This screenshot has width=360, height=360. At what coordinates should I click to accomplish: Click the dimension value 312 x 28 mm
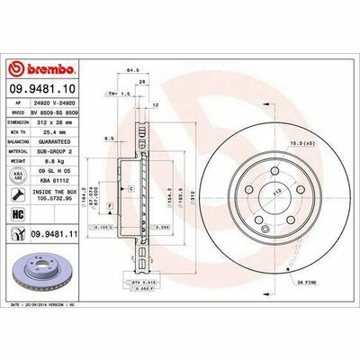click(59, 121)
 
